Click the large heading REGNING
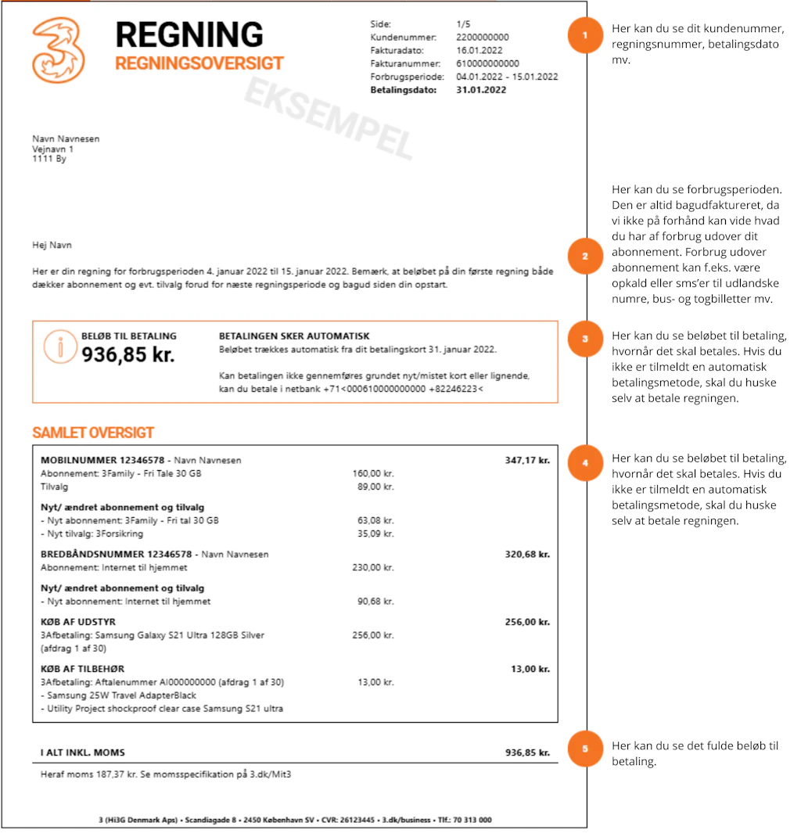pos(189,34)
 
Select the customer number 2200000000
pos(482,37)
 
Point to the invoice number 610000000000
pos(487,63)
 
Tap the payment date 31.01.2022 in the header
pos(481,90)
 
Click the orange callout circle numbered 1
pos(585,36)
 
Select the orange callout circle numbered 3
pos(585,339)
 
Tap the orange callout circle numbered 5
pos(585,749)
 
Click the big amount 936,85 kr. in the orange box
pos(128,354)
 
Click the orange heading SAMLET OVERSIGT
pos(93,433)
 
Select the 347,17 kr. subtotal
pos(527,460)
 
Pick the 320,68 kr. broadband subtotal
pos(527,554)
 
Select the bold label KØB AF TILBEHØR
pos(82,669)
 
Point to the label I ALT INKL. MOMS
pos(82,753)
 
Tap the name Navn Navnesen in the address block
pos(66,139)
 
